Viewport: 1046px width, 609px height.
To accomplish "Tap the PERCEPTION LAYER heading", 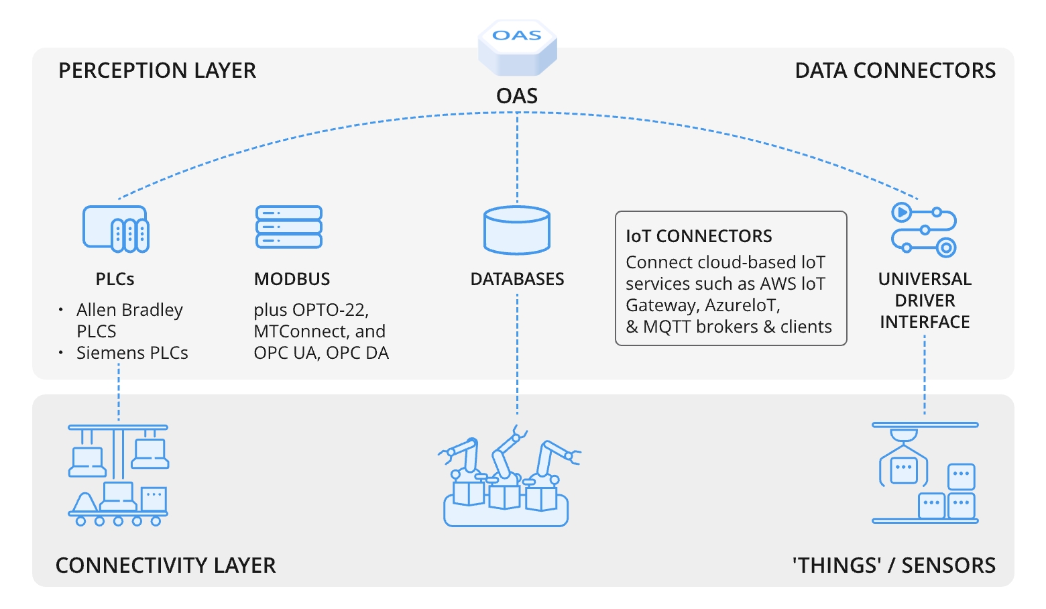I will (157, 70).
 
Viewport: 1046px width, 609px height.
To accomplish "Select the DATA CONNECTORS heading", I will (894, 70).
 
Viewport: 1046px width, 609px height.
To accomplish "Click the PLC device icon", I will (115, 229).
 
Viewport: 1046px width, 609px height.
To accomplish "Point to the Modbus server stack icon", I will (289, 227).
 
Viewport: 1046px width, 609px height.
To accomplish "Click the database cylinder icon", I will (517, 230).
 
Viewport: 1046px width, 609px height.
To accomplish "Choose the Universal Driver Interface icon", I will (924, 230).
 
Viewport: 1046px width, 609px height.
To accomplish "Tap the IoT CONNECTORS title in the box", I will (699, 236).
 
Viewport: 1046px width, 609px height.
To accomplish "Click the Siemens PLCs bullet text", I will (132, 353).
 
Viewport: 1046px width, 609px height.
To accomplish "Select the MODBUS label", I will (292, 279).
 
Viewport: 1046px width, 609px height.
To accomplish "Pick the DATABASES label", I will (517, 279).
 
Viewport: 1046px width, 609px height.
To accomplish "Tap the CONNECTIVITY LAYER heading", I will (166, 565).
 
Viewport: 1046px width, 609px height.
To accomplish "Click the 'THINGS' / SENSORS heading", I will (894, 565).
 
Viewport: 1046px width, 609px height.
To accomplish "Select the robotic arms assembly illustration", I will (508, 477).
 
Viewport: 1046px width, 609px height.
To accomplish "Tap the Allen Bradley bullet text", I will (129, 310).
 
